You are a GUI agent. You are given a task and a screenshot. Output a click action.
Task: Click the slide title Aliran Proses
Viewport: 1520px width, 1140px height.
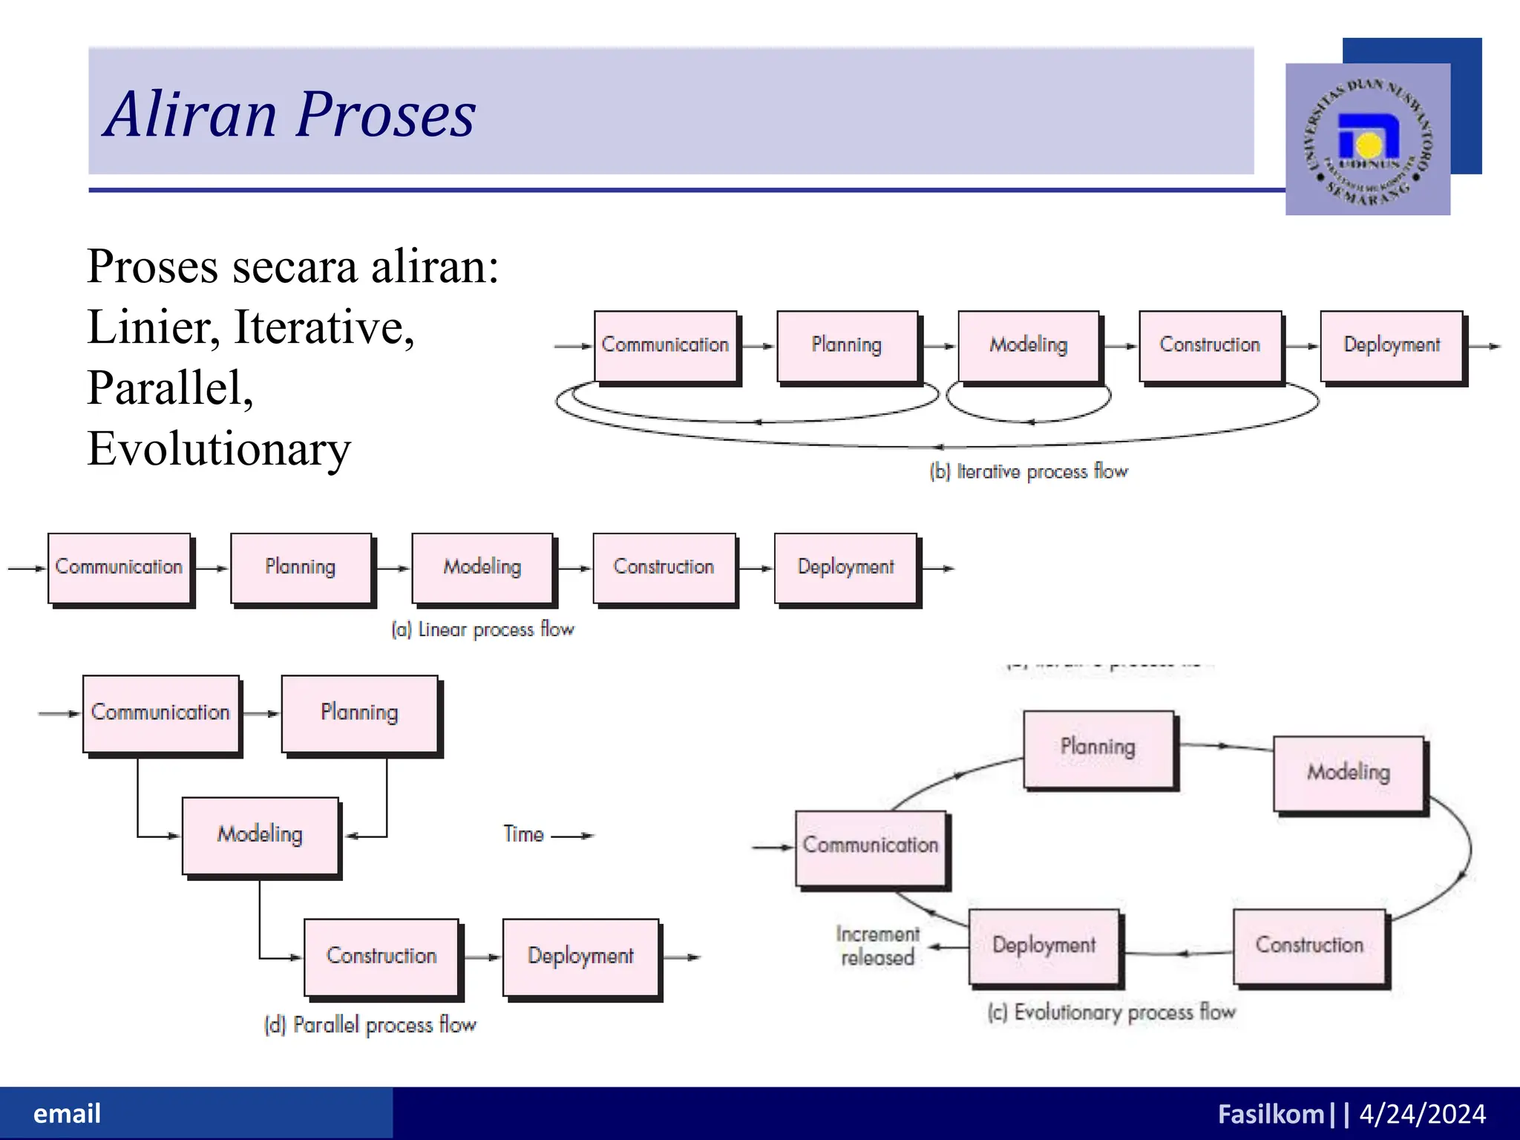point(289,114)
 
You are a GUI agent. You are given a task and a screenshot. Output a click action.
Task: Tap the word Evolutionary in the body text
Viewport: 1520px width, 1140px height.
point(219,448)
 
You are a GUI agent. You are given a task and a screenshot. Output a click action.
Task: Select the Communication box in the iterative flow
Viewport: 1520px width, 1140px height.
point(665,345)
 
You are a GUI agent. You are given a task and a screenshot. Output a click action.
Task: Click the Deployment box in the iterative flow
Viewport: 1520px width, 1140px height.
point(1391,345)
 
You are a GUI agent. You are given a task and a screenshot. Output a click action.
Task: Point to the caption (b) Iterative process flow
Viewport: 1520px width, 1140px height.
point(1029,471)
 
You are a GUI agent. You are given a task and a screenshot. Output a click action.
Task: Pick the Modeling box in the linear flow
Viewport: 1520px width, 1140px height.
point(482,567)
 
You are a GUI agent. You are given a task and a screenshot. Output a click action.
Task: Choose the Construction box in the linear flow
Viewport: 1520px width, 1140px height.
point(664,567)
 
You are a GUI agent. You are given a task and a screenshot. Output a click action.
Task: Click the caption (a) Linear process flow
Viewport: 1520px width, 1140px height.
point(483,629)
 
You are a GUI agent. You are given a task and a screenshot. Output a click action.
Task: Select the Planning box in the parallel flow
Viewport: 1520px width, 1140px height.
point(359,712)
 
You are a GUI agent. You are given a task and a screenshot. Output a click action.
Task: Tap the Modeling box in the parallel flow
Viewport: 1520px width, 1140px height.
point(260,834)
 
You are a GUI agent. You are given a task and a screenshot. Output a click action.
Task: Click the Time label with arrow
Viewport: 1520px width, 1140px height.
point(548,834)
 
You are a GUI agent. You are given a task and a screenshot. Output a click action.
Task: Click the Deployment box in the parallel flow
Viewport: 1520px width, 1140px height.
point(580,956)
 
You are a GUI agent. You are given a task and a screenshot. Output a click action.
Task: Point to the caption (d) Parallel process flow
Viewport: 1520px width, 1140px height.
point(370,1025)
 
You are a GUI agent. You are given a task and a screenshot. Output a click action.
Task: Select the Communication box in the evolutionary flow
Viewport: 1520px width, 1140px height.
point(871,846)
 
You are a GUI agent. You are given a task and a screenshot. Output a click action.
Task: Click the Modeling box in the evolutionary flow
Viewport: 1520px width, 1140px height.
point(1348,773)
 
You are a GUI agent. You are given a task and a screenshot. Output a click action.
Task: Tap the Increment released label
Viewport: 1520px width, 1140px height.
point(877,946)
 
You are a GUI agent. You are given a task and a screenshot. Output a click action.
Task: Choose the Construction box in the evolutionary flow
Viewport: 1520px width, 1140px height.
point(1309,946)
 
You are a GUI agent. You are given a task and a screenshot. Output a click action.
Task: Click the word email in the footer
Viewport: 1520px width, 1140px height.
point(67,1113)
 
